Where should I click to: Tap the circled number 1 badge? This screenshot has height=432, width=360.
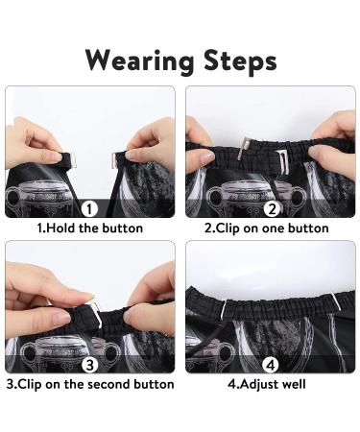89,208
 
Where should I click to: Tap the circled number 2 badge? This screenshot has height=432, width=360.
271,208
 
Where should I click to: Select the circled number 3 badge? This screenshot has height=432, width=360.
89,364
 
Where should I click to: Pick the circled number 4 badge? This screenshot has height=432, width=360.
271,364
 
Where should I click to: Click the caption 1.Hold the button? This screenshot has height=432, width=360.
89,228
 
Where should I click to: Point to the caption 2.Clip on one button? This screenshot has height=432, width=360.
266,228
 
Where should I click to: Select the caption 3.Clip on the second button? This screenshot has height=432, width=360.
90,384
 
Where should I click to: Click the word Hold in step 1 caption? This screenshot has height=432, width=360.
62,228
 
